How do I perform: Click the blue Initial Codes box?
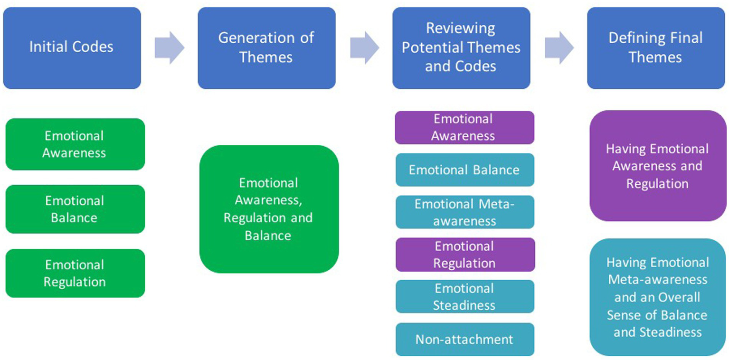click(x=72, y=48)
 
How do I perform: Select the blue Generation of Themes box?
click(x=266, y=48)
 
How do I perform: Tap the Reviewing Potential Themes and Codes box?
click(x=461, y=48)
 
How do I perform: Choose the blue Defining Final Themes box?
click(x=655, y=48)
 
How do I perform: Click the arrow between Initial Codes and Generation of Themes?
click(x=169, y=48)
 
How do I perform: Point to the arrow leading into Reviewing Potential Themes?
click(x=364, y=48)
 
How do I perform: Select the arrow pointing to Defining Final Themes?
click(x=559, y=48)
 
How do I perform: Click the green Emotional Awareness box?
click(x=75, y=144)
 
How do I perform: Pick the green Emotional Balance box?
click(x=75, y=209)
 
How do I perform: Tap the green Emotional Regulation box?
click(x=75, y=273)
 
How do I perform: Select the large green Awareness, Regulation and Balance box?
click(x=268, y=209)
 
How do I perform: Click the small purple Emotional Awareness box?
click(x=464, y=127)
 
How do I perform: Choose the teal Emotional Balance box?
click(x=464, y=170)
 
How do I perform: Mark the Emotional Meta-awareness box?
click(x=464, y=212)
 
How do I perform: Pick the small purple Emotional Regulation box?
click(x=464, y=255)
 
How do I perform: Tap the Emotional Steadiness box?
click(x=464, y=296)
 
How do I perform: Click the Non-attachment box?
click(x=464, y=339)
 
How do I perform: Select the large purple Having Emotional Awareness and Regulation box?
click(x=657, y=166)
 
